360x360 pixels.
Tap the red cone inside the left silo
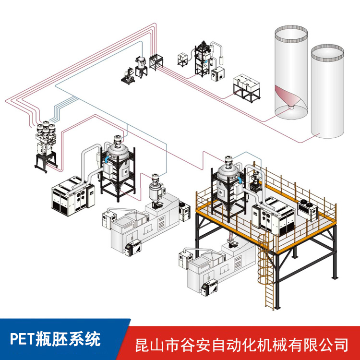coord(288,98)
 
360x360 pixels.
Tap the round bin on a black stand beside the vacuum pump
coord(142,65)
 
